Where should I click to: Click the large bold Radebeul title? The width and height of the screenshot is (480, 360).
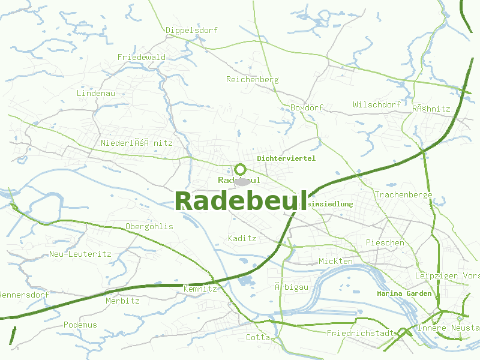click(x=241, y=200)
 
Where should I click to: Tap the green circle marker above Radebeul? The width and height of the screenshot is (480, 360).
click(x=241, y=169)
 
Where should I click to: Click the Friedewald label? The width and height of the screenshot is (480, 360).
click(x=142, y=57)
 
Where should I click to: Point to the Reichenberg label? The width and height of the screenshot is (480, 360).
click(x=252, y=79)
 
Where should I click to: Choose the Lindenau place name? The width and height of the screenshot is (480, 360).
click(x=96, y=93)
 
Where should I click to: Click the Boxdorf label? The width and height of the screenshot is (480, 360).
click(x=307, y=107)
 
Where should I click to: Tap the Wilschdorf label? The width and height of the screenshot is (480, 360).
click(x=377, y=104)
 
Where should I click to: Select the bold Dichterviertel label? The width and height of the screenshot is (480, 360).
click(x=286, y=158)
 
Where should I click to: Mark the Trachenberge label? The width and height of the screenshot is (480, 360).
click(x=404, y=194)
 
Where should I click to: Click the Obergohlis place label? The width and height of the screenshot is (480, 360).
click(x=149, y=226)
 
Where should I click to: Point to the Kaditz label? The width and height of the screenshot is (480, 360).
click(x=242, y=238)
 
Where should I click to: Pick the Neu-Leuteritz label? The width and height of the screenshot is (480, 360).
click(x=80, y=254)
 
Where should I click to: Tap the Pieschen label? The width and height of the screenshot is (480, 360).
click(x=385, y=242)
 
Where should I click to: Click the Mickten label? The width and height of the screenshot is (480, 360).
click(x=335, y=261)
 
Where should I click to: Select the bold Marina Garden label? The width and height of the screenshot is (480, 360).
click(x=404, y=293)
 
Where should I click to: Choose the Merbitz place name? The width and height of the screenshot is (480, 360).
click(x=122, y=301)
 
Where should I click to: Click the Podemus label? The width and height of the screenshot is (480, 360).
click(x=80, y=325)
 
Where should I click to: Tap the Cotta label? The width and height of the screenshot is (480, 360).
click(x=258, y=337)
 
